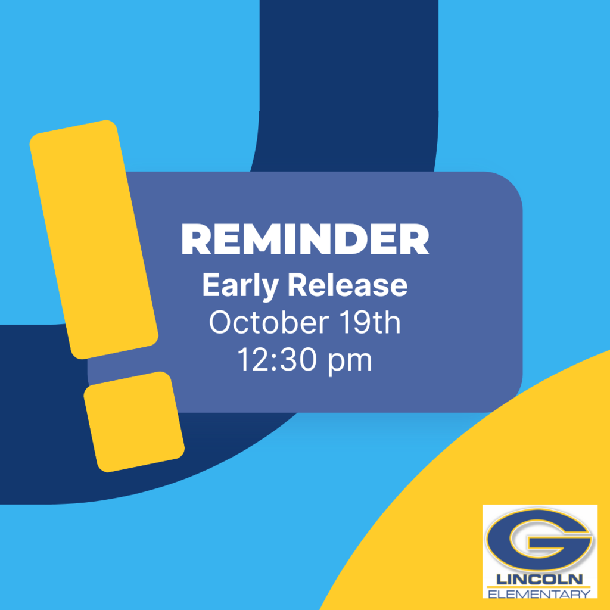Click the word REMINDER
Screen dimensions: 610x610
click(305, 239)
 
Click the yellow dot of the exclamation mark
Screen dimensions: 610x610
click(134, 422)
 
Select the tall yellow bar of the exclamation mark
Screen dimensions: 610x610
click(94, 239)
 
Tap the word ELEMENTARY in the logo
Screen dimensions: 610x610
click(539, 594)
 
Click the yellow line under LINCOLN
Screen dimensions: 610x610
click(539, 587)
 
